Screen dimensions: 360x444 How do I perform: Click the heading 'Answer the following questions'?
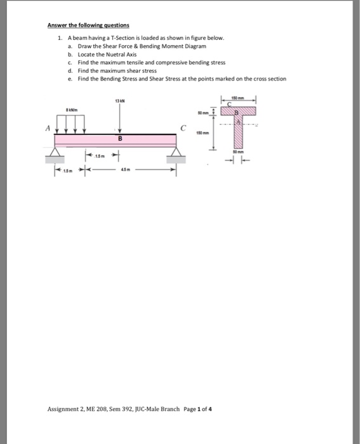[88, 25]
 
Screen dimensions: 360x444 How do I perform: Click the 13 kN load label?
[119, 102]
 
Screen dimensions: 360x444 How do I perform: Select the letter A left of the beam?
[46, 126]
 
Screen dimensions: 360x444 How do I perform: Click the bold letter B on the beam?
[119, 138]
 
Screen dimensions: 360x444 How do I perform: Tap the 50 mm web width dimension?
[237, 152]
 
